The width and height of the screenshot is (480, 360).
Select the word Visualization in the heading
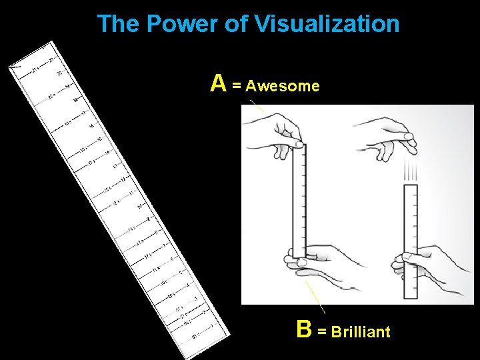pyautogui.click(x=326, y=24)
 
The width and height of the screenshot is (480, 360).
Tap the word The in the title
pyautogui.click(x=119, y=24)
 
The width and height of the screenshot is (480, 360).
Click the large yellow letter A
pyautogui.click(x=218, y=83)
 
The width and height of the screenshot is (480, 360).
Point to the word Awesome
pyautogui.click(x=283, y=86)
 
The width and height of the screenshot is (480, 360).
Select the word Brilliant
pyautogui.click(x=361, y=332)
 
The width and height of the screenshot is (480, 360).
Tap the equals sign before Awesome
pyautogui.click(x=237, y=86)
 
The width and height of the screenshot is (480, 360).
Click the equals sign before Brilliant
pyautogui.click(x=322, y=332)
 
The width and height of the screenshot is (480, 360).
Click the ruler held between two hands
pyautogui.click(x=299, y=200)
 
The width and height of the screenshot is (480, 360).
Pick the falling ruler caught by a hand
pyautogui.click(x=411, y=240)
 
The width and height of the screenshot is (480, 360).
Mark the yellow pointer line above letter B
pyautogui.click(x=315, y=296)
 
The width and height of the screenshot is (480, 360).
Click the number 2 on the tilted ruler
pyautogui.click(x=203, y=311)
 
